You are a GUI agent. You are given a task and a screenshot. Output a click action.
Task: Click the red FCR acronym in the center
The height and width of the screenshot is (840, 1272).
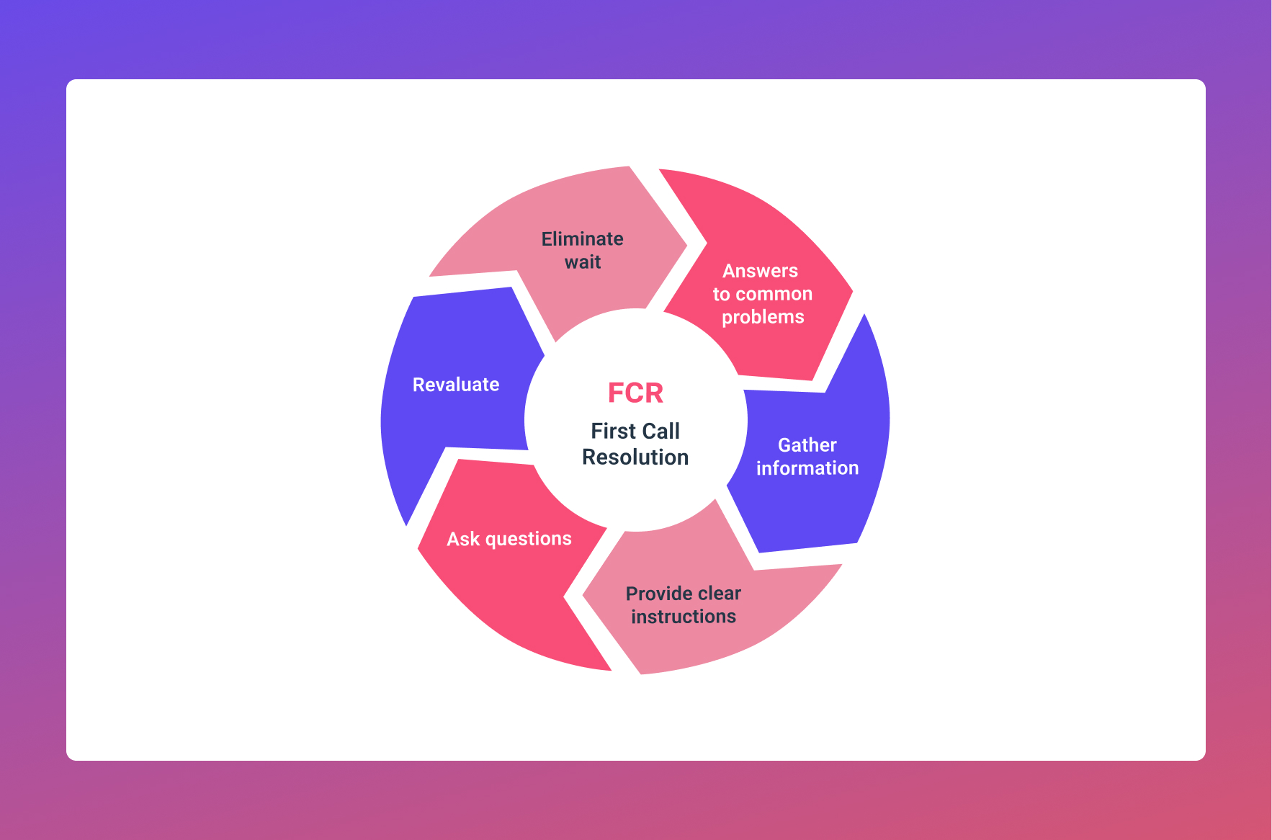(x=635, y=393)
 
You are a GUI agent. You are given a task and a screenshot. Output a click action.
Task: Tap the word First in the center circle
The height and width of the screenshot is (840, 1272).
(x=613, y=431)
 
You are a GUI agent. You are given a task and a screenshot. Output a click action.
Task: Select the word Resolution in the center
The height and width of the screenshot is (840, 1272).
(x=635, y=457)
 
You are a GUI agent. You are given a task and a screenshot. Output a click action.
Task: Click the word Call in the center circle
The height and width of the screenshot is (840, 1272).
(x=660, y=431)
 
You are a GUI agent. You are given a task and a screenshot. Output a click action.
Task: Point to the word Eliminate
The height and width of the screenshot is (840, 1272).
(x=582, y=238)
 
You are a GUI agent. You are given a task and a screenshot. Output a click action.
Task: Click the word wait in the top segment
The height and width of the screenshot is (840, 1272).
(x=583, y=262)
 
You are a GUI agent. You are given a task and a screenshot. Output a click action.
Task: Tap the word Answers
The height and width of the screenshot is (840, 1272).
(x=760, y=271)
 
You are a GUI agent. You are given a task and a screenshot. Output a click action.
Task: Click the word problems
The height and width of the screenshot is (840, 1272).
(x=763, y=318)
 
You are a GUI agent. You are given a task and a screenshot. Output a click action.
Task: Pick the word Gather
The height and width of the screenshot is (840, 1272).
(x=807, y=445)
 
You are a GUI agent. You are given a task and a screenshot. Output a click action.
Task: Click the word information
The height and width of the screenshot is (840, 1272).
(x=807, y=468)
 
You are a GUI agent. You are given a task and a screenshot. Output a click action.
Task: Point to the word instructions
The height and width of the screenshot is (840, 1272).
(x=684, y=617)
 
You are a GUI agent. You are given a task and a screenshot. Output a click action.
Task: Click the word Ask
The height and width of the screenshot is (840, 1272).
(x=463, y=539)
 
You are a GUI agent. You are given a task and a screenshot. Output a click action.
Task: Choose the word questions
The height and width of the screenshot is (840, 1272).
(x=529, y=540)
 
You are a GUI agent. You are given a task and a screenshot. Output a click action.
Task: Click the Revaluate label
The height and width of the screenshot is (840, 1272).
(x=456, y=385)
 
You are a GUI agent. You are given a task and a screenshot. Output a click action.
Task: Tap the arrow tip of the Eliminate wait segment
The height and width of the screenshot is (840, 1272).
(x=686, y=246)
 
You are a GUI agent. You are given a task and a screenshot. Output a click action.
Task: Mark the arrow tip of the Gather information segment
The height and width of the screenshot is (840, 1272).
(x=727, y=487)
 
